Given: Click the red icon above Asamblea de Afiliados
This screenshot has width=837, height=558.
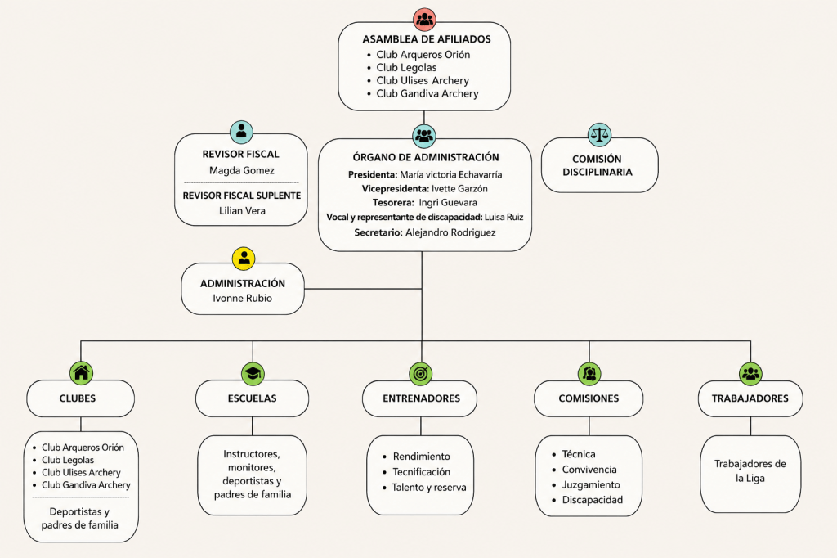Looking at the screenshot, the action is click(424, 20).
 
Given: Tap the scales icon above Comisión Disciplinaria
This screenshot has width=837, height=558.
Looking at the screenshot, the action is click(599, 134).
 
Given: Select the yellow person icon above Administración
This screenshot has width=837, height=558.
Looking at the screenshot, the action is click(244, 259).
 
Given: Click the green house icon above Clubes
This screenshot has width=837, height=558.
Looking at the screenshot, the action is click(81, 372).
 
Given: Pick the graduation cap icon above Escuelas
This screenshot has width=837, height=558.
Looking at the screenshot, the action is click(253, 373).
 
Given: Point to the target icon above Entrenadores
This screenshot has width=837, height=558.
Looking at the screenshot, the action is click(421, 373).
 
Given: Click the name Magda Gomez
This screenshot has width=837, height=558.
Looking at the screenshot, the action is click(242, 170).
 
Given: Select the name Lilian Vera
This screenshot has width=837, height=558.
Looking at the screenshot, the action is click(242, 210).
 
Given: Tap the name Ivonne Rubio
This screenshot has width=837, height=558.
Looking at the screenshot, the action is click(242, 299).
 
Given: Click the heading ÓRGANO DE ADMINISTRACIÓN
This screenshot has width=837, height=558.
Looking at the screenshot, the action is click(426, 157).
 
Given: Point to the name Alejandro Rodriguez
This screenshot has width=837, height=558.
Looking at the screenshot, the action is click(450, 232).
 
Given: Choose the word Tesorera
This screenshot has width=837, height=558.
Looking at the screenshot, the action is click(393, 203).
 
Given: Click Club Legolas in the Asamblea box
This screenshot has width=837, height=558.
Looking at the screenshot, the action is click(406, 67).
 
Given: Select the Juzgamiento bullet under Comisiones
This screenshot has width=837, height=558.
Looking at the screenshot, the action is click(591, 485).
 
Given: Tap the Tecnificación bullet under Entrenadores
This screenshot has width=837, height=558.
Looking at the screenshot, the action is click(421, 472).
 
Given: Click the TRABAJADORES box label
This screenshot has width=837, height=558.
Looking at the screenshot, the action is click(750, 398).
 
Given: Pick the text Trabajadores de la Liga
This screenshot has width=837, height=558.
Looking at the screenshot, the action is click(750, 471).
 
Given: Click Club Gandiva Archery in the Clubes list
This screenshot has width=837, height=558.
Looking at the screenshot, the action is click(86, 485).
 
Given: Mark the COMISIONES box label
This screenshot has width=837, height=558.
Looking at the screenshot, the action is click(589, 398).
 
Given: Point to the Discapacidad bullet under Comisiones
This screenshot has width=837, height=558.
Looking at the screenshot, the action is click(593, 500).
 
